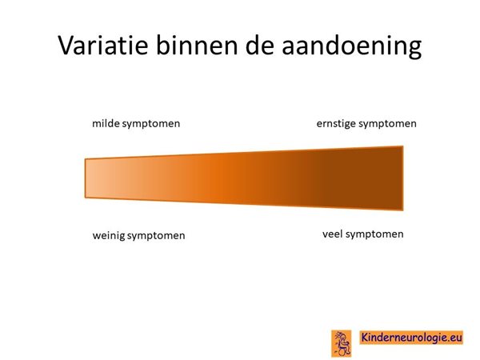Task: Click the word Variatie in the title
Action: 103,46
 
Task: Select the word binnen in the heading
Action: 197,45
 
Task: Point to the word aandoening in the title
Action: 351,46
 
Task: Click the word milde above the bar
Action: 106,123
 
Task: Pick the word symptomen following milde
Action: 151,124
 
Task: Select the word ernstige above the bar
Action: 336,124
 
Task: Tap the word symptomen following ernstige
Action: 387,124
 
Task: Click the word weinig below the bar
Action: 109,236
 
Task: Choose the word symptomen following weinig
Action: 156,236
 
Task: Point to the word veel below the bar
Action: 333,234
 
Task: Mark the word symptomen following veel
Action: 374,234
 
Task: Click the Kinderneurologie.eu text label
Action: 411,337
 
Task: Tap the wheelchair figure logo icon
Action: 342,343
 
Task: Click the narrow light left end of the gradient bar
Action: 92,178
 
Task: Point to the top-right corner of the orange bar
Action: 403,146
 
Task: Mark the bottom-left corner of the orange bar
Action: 85,198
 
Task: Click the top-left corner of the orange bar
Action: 85,159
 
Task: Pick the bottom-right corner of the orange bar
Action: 403,210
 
